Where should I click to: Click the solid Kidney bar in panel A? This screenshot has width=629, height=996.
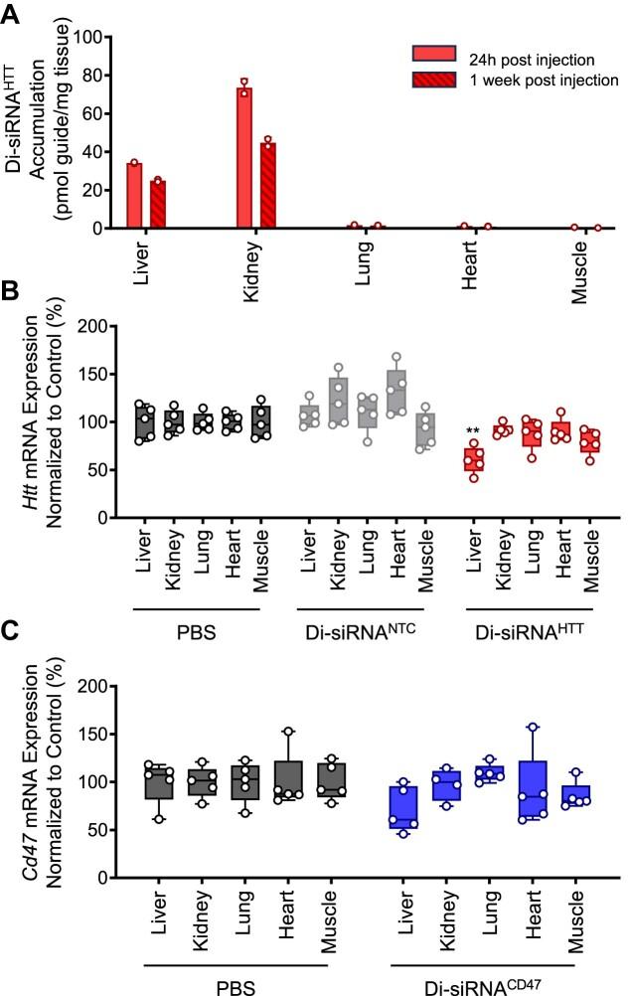pos(243,159)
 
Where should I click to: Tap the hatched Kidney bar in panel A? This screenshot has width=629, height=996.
pos(267,186)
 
